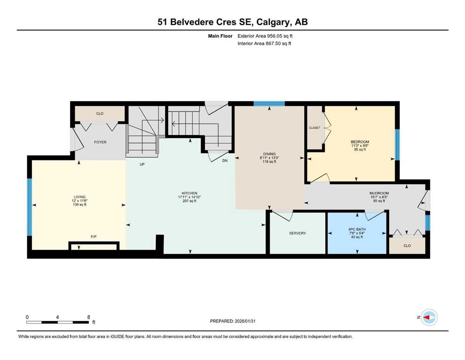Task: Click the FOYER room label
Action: [100, 142]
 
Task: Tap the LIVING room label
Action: [80, 197]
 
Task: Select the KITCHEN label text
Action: [190, 193]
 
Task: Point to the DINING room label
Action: [269, 154]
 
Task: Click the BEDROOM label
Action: [360, 142]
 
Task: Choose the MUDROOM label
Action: [379, 193]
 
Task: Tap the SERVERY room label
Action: [297, 233]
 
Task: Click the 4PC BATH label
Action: [357, 229]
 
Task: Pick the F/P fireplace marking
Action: [93, 237]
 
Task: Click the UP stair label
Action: [142, 165]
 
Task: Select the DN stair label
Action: [225, 161]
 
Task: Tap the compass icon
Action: [429, 317]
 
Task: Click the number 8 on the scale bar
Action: [89, 317]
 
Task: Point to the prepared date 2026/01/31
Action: [245, 321]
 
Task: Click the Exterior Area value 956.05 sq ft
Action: [280, 36]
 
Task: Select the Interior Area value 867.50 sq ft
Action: [279, 43]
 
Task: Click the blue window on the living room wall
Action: [30, 207]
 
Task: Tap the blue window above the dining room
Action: [269, 104]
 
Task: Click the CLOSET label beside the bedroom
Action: [315, 127]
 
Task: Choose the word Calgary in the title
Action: [273, 22]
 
